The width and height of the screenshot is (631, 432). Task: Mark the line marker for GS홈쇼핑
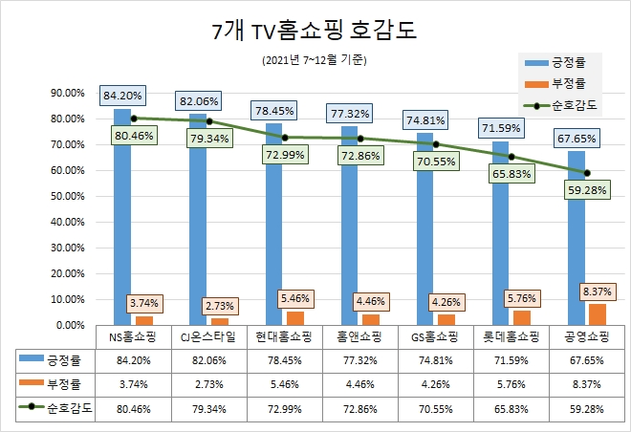pyautogui.click(x=436, y=144)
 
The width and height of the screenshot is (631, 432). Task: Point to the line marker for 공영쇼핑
pyautogui.click(x=587, y=173)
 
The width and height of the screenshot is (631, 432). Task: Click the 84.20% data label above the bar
pyautogui.click(x=122, y=96)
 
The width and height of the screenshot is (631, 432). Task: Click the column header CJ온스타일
pyautogui.click(x=207, y=336)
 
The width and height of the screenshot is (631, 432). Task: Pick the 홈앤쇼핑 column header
pyautogui.click(x=359, y=336)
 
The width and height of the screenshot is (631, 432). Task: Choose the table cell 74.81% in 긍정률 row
pyautogui.click(x=434, y=360)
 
